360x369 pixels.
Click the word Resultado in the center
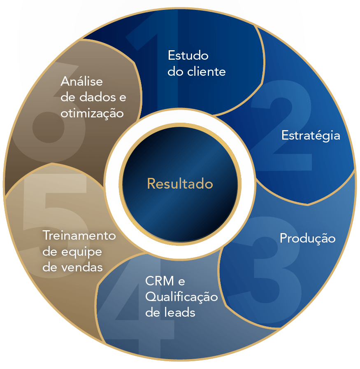click(180, 184)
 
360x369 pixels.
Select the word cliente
click(207, 72)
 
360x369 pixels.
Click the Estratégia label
click(311, 135)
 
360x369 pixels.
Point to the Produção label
click(307, 238)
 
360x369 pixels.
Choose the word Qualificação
click(181, 297)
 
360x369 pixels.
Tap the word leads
click(177, 313)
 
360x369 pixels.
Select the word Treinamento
click(79, 236)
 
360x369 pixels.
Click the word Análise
click(81, 81)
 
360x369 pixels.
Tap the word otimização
click(92, 113)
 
